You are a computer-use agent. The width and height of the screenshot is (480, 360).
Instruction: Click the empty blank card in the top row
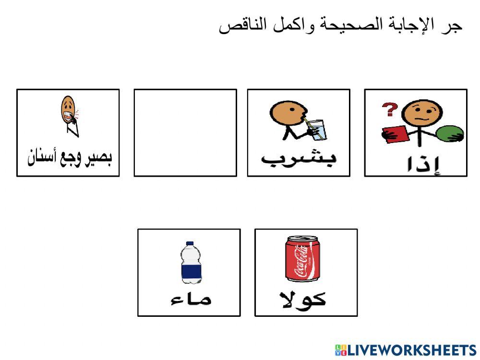tap(185, 132)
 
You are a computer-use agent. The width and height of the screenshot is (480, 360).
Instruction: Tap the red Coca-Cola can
tap(303, 259)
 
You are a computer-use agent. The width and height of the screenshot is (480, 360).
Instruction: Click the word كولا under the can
tap(303, 299)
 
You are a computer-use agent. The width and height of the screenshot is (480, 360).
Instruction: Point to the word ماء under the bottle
tap(191, 300)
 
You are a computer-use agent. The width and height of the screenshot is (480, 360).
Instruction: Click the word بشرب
tap(299, 159)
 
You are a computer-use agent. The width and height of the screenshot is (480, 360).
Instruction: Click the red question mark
tap(389, 110)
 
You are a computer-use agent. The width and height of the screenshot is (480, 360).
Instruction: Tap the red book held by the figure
tap(396, 133)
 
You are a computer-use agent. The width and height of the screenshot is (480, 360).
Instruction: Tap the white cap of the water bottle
tap(190, 244)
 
